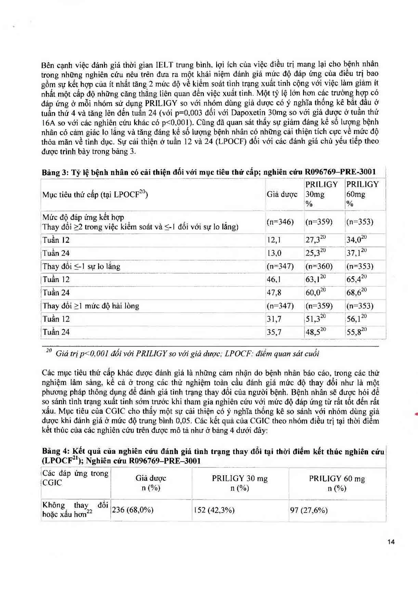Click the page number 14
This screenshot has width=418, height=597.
pyautogui.click(x=391, y=542)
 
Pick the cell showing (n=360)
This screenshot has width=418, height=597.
pyautogui.click(x=319, y=266)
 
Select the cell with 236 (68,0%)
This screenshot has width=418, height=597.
pyautogui.click(x=133, y=510)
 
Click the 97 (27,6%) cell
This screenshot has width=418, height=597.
pyautogui.click(x=309, y=510)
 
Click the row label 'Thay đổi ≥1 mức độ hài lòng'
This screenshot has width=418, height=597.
pyautogui.click(x=91, y=306)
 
